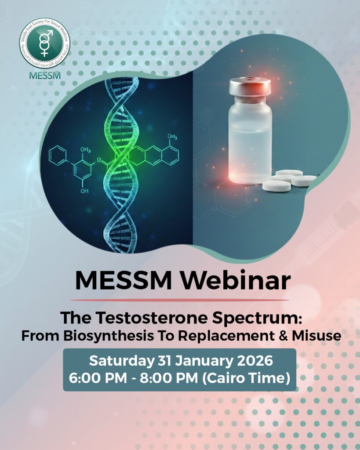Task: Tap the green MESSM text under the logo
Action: (44, 75)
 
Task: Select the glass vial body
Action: (250, 141)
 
